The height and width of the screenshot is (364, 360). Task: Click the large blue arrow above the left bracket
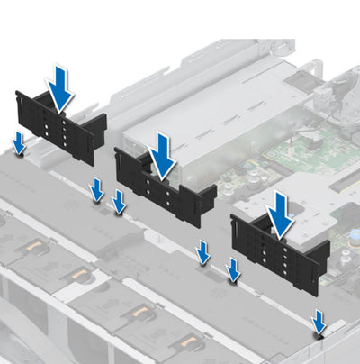point(60,87)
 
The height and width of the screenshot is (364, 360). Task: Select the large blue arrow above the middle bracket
point(162,155)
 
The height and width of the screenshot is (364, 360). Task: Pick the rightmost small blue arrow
point(319,320)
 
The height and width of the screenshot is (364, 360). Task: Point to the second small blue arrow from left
point(97,189)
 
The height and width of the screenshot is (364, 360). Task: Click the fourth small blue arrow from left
point(204,253)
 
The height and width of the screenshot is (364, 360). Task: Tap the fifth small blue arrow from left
point(233,269)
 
